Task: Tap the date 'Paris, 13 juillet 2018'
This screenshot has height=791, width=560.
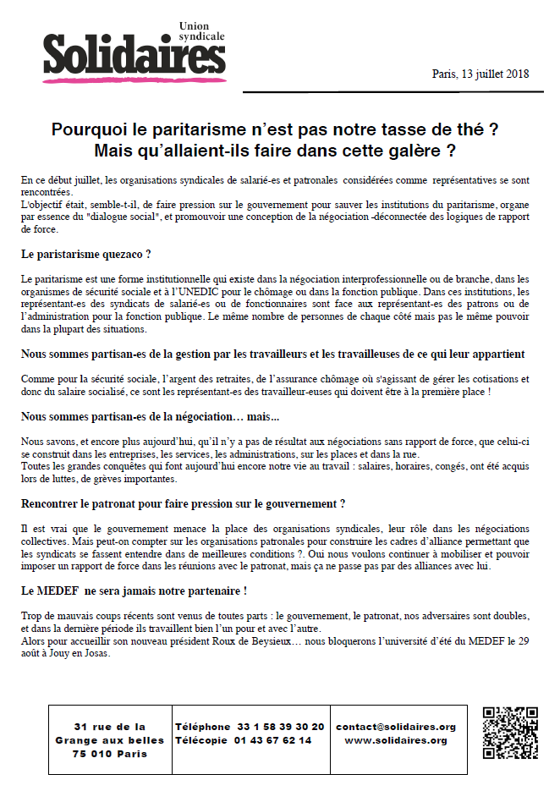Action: (x=480, y=74)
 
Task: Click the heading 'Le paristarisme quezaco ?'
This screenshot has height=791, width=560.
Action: (x=90, y=255)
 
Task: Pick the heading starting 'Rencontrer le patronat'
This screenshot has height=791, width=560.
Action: (x=183, y=503)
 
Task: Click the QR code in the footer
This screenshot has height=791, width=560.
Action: (x=510, y=733)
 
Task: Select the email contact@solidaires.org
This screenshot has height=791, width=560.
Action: (x=396, y=727)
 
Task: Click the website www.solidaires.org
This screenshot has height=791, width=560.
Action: (x=396, y=740)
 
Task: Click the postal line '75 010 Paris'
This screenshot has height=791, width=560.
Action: (x=109, y=754)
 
